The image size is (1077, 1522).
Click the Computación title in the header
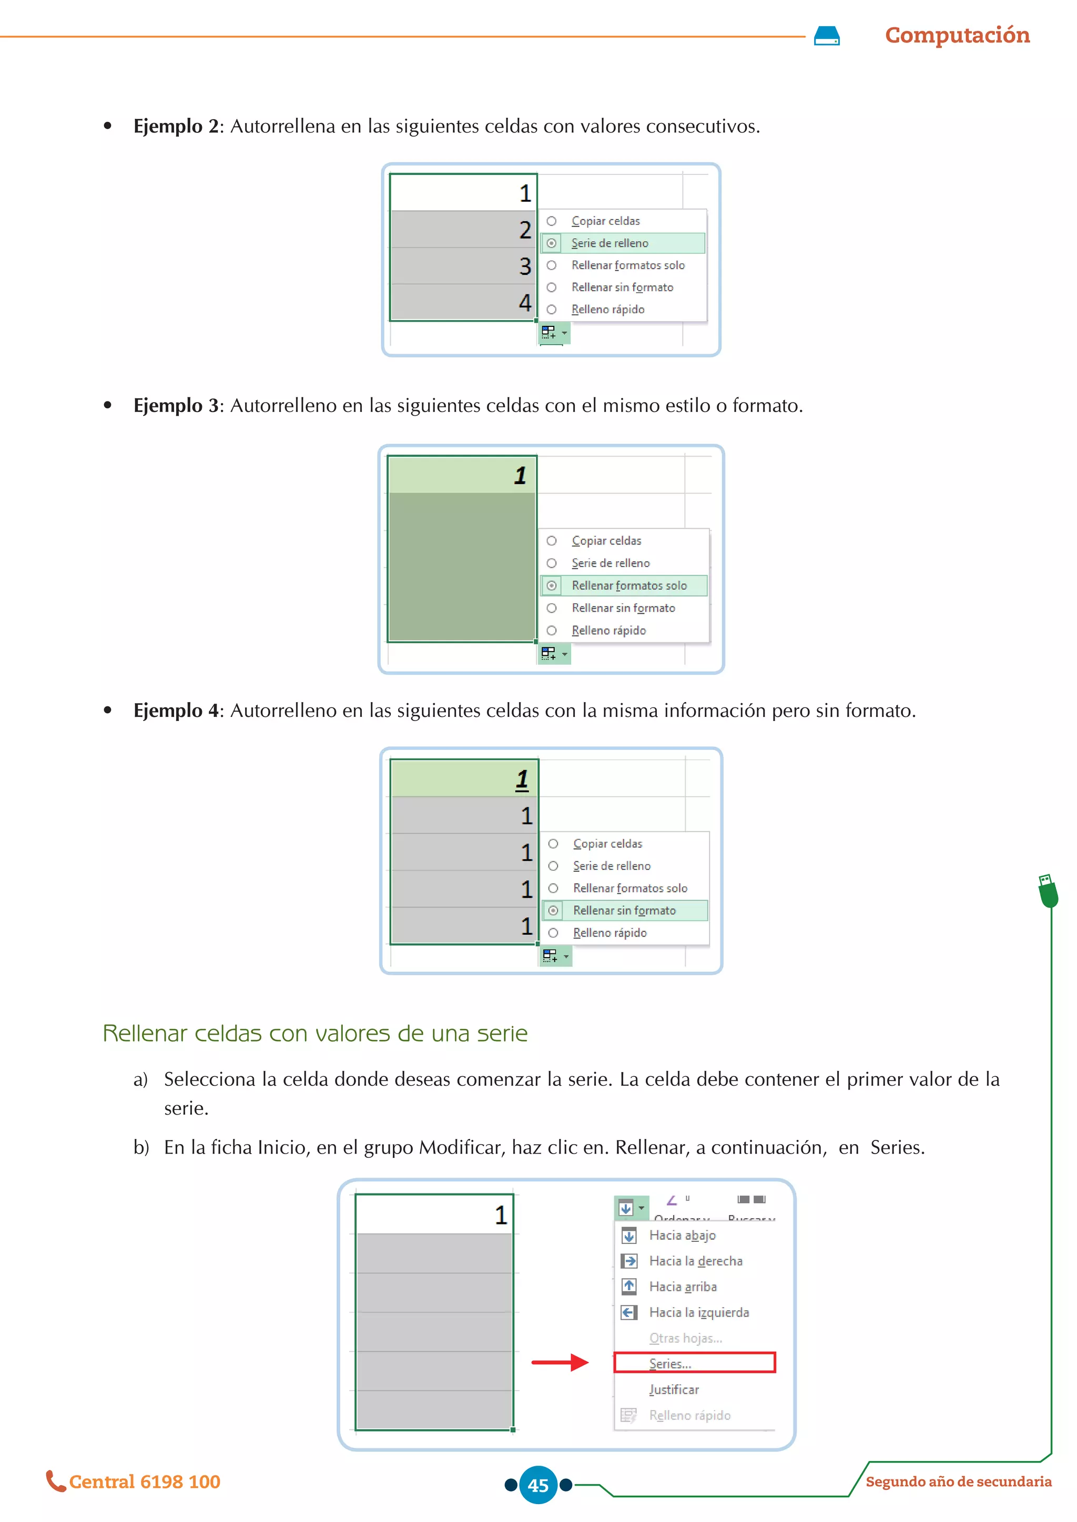click(x=957, y=35)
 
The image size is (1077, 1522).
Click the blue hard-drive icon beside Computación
click(x=826, y=36)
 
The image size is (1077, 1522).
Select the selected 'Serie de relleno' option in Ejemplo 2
click(x=609, y=243)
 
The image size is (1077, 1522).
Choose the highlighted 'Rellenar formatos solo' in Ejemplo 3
click(x=629, y=586)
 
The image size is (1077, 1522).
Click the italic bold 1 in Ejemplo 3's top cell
click(x=520, y=475)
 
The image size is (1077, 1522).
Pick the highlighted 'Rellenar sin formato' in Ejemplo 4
click(x=624, y=911)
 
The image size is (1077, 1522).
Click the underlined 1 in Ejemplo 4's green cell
click(x=522, y=779)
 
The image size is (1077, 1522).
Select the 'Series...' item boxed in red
click(x=670, y=1364)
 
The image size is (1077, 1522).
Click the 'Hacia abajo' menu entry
click(x=682, y=1236)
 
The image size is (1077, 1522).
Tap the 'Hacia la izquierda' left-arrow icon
click(x=629, y=1312)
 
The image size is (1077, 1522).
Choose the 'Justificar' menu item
click(x=674, y=1390)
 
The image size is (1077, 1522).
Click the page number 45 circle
click(x=538, y=1485)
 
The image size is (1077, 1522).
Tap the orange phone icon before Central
click(x=55, y=1481)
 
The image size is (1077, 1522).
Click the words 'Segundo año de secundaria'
click(x=958, y=1482)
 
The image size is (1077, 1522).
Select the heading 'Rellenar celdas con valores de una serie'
click(x=315, y=1033)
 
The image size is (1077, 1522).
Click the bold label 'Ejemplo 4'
click(x=176, y=711)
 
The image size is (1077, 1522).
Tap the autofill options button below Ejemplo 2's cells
click(x=553, y=333)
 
